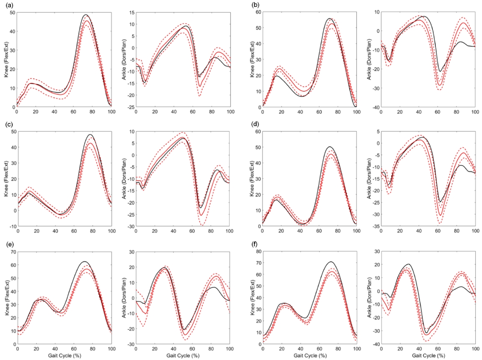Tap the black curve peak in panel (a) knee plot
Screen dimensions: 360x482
point(86,15)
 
